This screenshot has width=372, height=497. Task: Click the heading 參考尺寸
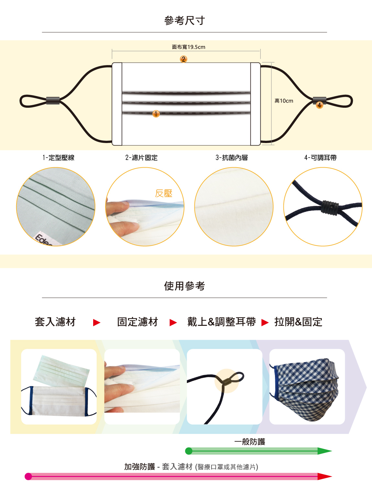pyautogui.click(x=184, y=20)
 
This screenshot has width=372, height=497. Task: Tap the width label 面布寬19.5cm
pyautogui.click(x=189, y=47)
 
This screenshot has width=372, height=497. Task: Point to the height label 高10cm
pyautogui.click(x=284, y=101)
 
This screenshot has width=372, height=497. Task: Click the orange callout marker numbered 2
pyautogui.click(x=183, y=59)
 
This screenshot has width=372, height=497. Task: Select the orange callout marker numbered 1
pyautogui.click(x=156, y=114)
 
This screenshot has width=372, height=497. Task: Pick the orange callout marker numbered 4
pyautogui.click(x=319, y=105)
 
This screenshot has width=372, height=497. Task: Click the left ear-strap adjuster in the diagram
pyautogui.click(x=53, y=101)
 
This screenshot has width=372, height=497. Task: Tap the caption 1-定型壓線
pyautogui.click(x=58, y=158)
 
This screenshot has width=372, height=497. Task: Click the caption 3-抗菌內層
pyautogui.click(x=232, y=158)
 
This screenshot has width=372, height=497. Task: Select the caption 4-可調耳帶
pyautogui.click(x=321, y=158)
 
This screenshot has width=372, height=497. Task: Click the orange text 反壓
pyautogui.click(x=164, y=193)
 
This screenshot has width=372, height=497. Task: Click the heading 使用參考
pyautogui.click(x=184, y=286)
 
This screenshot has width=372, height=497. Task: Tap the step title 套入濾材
pyautogui.click(x=55, y=322)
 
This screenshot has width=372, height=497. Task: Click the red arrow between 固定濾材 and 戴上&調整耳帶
pyautogui.click(x=173, y=322)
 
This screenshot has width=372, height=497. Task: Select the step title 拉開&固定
pyautogui.click(x=298, y=322)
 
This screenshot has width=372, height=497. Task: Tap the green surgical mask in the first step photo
pyautogui.click(x=61, y=371)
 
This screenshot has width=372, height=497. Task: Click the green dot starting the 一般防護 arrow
pyautogui.click(x=189, y=451)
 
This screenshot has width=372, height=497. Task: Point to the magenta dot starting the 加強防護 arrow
pyautogui.click(x=28, y=476)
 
